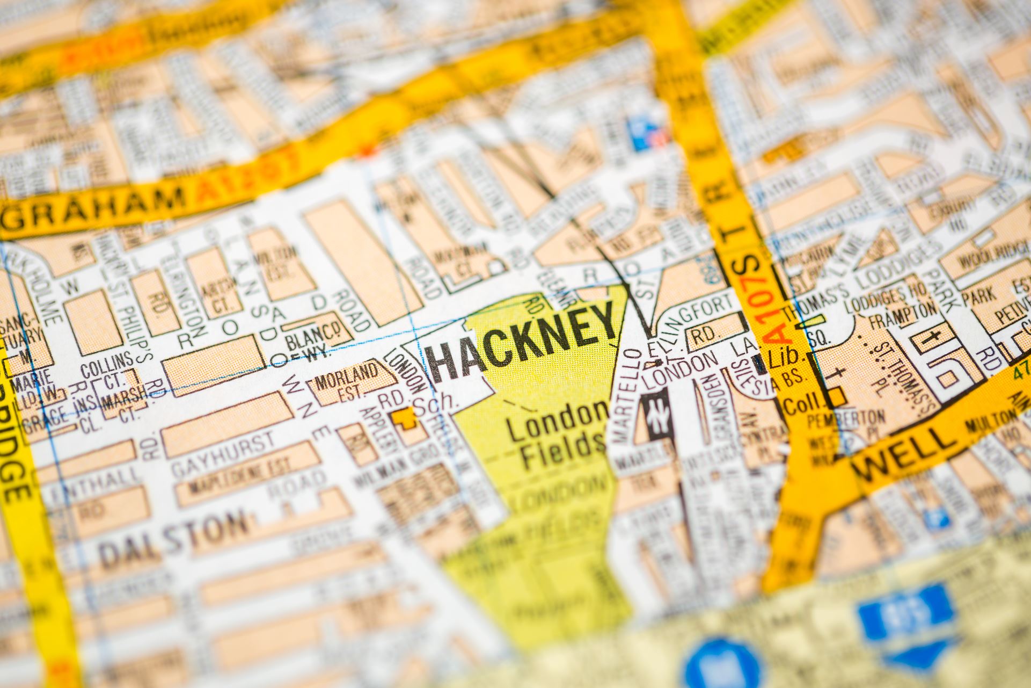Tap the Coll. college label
pos(803,403)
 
